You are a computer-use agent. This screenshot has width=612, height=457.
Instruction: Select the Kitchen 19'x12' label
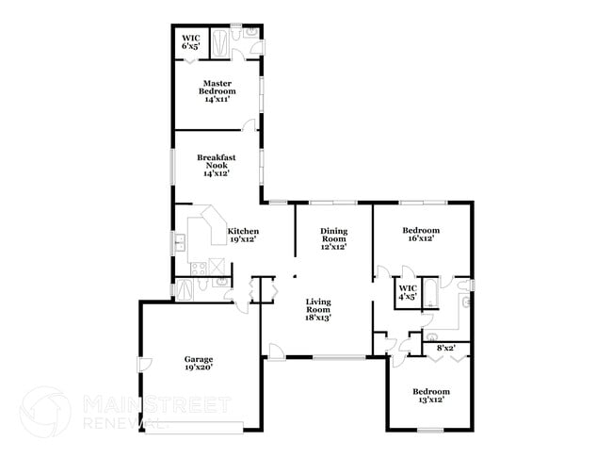[x=243, y=236]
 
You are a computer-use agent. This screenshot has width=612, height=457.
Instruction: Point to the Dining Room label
[x=333, y=239]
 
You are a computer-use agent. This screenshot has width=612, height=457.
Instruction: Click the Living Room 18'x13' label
[x=318, y=310]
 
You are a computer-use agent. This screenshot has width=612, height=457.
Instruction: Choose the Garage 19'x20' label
[x=198, y=363]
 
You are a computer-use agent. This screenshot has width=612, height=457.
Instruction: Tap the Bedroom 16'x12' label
[x=421, y=235]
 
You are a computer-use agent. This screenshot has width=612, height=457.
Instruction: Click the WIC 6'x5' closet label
[x=190, y=41]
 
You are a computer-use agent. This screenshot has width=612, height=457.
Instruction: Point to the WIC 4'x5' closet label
[x=408, y=292]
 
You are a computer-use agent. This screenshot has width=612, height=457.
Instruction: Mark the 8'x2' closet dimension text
[x=444, y=349]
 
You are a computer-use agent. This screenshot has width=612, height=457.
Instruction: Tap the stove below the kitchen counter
[x=199, y=269]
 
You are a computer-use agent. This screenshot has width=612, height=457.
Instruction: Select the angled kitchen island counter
[x=206, y=231]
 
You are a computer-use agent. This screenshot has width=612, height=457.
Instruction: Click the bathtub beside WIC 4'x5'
[x=428, y=292]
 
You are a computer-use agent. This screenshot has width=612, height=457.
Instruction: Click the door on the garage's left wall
[x=144, y=365]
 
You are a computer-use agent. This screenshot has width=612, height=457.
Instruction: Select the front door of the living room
[x=276, y=351]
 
